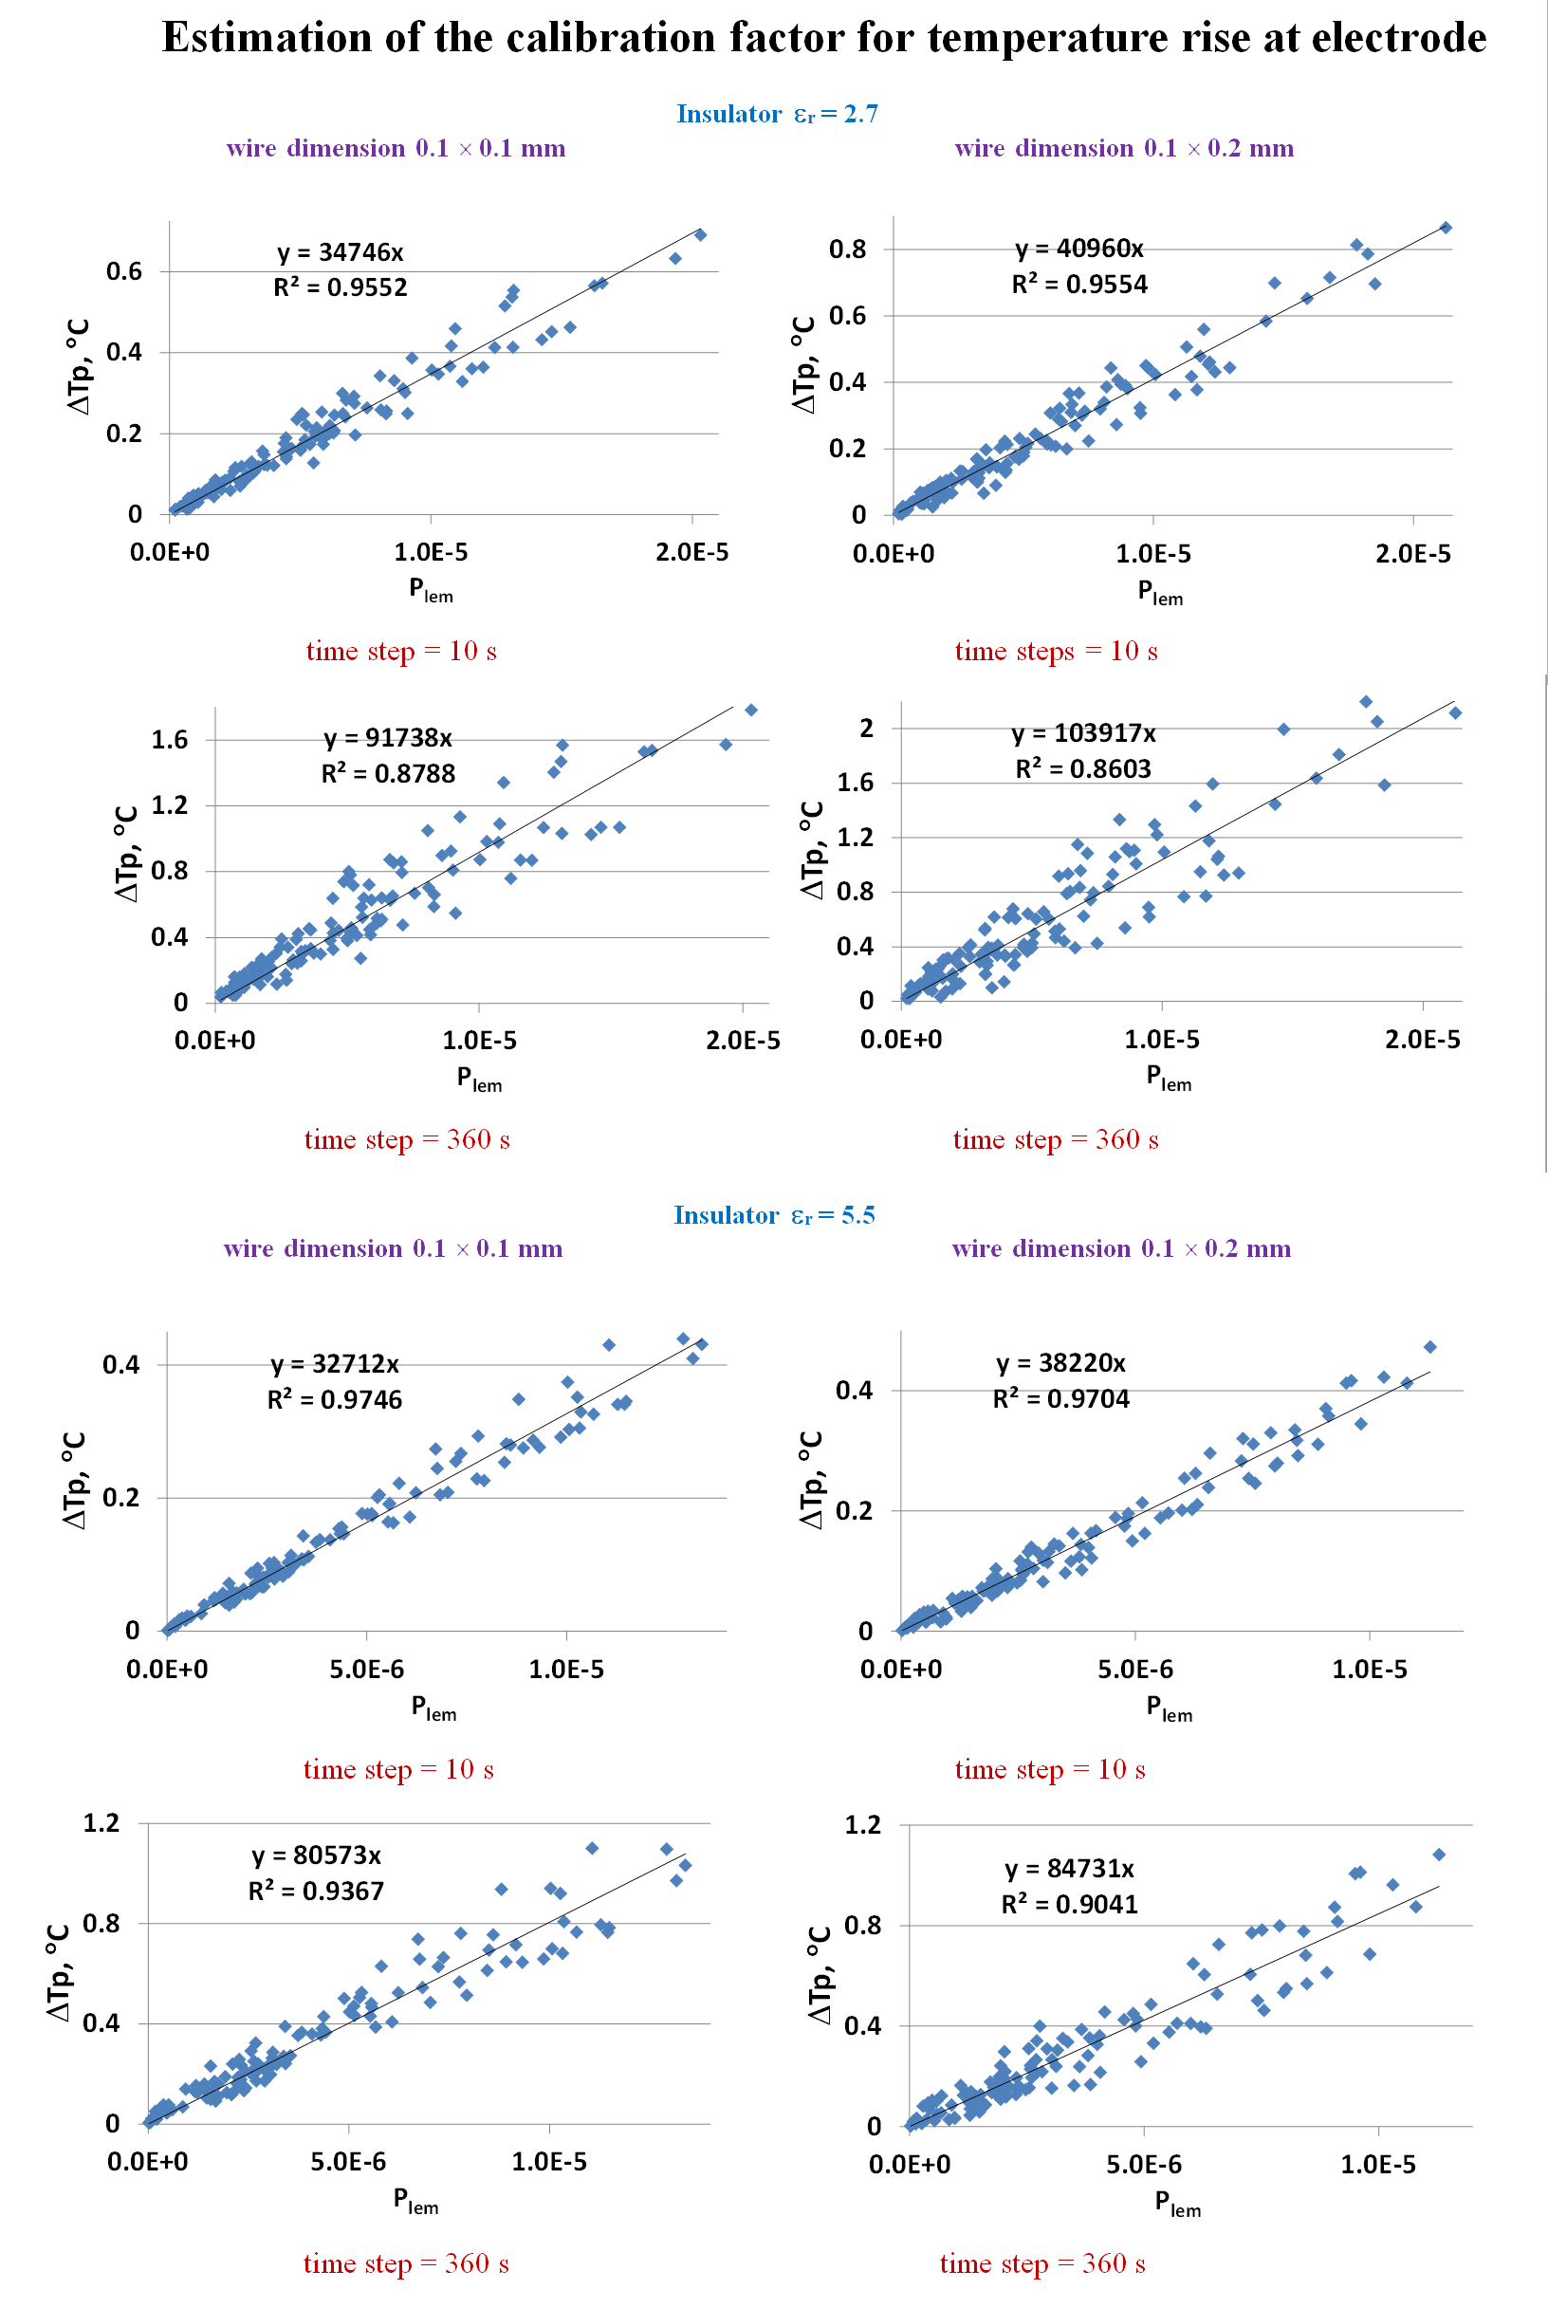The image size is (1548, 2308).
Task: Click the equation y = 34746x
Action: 340,252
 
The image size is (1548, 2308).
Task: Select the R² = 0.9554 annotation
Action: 1079,286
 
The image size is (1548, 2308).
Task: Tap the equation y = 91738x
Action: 388,738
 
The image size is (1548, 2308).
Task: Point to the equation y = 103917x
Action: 1083,733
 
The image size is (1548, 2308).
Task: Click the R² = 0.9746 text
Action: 335,1400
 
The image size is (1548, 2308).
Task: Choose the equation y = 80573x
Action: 316,1856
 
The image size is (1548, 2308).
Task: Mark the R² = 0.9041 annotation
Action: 1069,1904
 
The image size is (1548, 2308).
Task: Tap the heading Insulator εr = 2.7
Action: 777,115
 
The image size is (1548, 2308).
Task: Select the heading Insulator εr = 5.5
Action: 774,1215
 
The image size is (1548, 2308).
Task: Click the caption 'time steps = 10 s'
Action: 1056,652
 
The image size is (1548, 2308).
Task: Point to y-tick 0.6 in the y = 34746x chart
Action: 124,271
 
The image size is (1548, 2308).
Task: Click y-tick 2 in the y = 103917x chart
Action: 867,729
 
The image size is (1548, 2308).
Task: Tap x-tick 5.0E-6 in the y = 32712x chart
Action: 366,1670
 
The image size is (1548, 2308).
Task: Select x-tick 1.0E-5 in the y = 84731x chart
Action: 1377,2165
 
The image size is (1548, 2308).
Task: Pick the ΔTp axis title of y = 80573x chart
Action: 59,1971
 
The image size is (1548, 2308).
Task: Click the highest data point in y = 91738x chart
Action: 750,710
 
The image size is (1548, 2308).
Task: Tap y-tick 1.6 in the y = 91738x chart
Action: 169,739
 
